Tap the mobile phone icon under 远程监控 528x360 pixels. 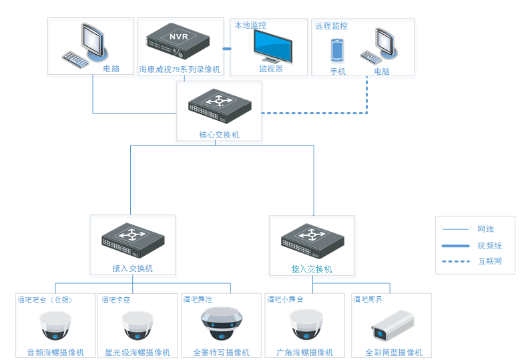point(337,50)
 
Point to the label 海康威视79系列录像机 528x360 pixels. point(180,69)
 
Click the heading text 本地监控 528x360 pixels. point(250,25)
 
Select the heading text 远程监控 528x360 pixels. point(332,26)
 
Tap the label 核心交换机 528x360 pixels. point(219,135)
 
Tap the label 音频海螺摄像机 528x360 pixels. point(55,353)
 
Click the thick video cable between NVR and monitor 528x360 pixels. point(226,49)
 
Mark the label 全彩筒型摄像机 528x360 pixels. point(393,353)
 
